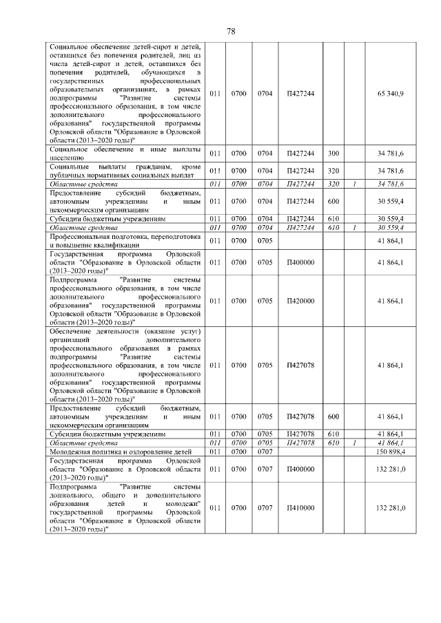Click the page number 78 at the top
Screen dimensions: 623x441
tap(231, 31)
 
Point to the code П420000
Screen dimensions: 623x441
tap(300, 301)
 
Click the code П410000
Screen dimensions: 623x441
tap(300, 507)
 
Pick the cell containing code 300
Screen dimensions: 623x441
tap(334, 153)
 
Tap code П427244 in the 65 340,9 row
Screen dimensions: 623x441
tap(300, 94)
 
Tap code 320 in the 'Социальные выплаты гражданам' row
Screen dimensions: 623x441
tap(334, 171)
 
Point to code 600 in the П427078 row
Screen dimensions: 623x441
tap(334, 416)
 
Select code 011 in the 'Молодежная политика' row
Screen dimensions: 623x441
tap(215, 452)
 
